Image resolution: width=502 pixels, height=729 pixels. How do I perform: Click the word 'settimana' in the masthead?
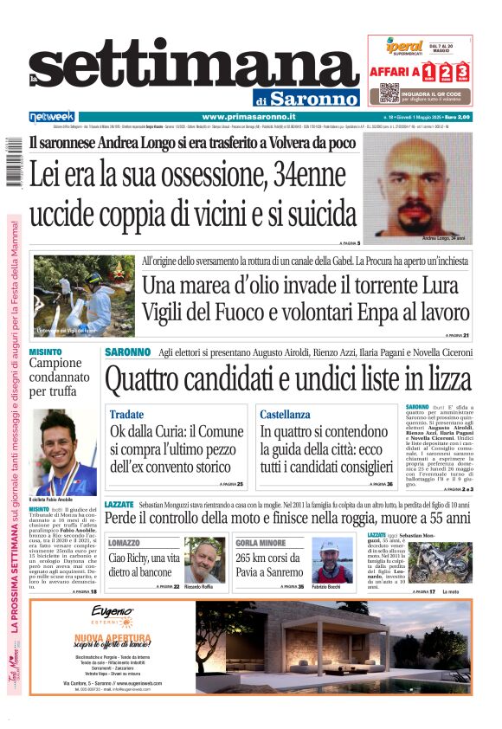pos(182,68)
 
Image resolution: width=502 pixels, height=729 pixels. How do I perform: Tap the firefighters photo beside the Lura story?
pos(84,295)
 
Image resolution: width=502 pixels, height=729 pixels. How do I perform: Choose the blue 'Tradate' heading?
pos(127,415)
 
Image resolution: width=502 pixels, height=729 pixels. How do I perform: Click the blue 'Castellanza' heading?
pos(285,415)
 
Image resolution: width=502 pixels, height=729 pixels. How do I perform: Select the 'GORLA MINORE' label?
pos(261,542)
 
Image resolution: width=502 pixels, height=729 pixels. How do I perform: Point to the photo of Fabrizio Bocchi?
pos(332,561)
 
